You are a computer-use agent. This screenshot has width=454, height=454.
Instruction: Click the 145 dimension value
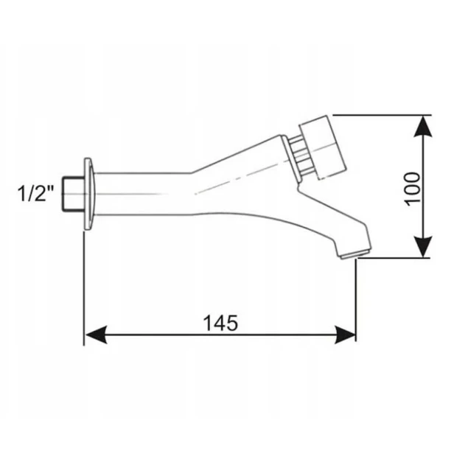221,323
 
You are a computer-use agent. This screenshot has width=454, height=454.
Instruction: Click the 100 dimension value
412,189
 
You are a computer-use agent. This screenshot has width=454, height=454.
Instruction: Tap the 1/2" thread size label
36,193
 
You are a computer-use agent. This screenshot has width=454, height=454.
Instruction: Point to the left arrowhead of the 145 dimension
97,335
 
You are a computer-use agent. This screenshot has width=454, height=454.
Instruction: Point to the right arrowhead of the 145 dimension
345,335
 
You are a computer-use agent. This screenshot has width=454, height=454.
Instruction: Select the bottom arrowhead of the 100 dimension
423,246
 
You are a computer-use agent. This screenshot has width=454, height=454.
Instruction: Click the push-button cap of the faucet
323,147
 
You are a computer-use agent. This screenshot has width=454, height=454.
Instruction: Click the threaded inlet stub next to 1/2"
73,194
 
